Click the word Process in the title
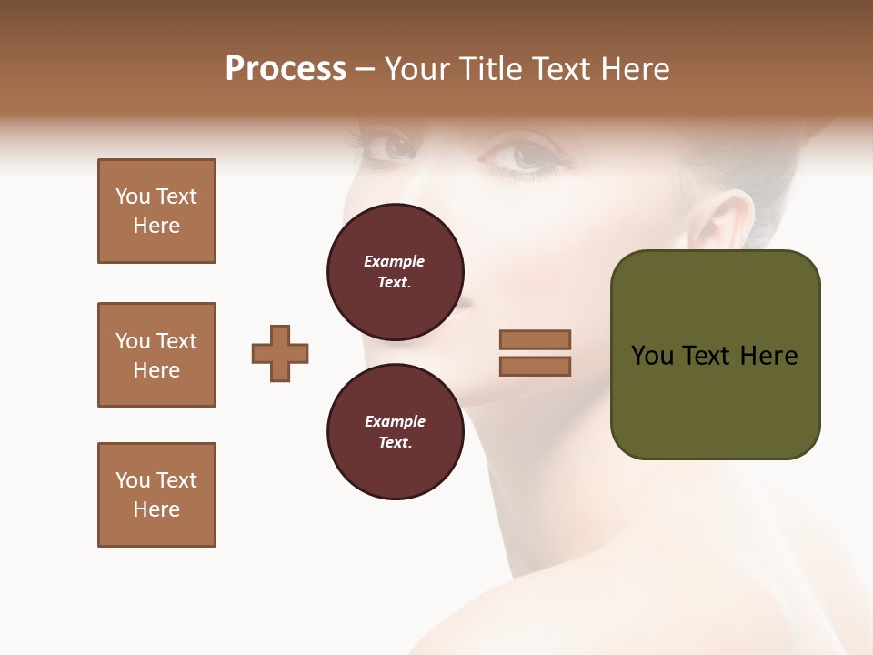(x=286, y=68)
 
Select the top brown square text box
(x=156, y=211)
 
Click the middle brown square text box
(x=156, y=355)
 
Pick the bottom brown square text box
(x=156, y=495)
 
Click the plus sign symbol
(x=280, y=353)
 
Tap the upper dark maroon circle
(x=395, y=272)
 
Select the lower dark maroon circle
(x=395, y=432)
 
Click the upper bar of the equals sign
(x=535, y=339)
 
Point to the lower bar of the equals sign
(x=535, y=367)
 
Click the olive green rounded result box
(x=715, y=355)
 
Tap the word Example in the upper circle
(x=395, y=261)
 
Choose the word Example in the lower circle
(x=395, y=421)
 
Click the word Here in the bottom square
(x=156, y=509)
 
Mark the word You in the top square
(x=133, y=196)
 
